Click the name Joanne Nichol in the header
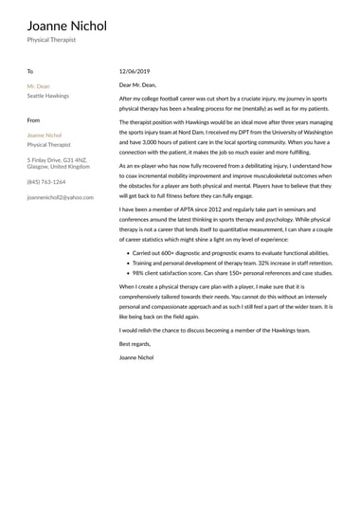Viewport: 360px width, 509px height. pyautogui.click(x=66, y=26)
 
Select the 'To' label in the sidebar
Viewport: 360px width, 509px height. pyautogui.click(x=29, y=71)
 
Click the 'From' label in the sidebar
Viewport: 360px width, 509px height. pyautogui.click(x=33, y=120)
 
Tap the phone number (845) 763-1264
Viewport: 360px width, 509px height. pyautogui.click(x=46, y=181)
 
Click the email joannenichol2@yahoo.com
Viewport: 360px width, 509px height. pyautogui.click(x=61, y=197)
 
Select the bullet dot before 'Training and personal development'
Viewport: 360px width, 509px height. pyautogui.click(x=126, y=264)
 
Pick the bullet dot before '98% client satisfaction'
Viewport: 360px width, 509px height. pyautogui.click(x=126, y=273)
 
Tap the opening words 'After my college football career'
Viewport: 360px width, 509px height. pyautogui.click(x=166, y=98)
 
